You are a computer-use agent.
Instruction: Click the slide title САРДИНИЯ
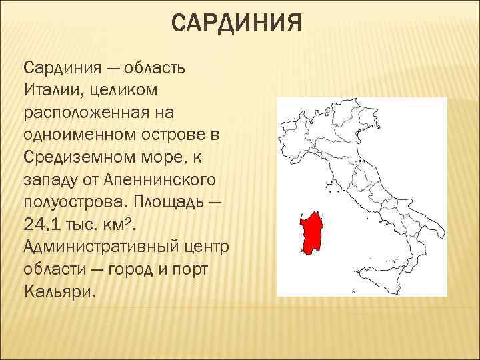(237, 26)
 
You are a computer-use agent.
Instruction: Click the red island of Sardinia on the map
(310, 232)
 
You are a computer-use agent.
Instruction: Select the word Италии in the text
(49, 89)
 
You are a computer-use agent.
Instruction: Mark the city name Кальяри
(59, 293)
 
